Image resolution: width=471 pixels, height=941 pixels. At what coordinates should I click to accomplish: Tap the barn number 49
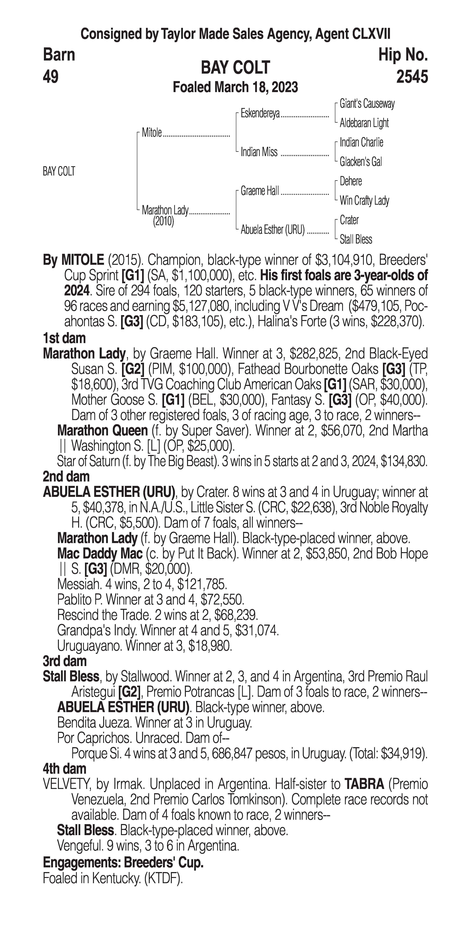tap(51, 77)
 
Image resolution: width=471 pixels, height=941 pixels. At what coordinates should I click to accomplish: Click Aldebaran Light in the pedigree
tap(364, 123)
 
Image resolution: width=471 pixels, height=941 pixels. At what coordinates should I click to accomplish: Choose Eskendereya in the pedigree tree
tap(260, 114)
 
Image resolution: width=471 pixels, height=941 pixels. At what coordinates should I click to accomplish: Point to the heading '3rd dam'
tap(65, 661)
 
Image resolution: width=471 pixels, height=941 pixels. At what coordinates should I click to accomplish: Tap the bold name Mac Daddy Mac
tap(100, 554)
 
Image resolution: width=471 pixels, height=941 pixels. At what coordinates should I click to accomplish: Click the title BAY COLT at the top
tap(235, 68)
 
